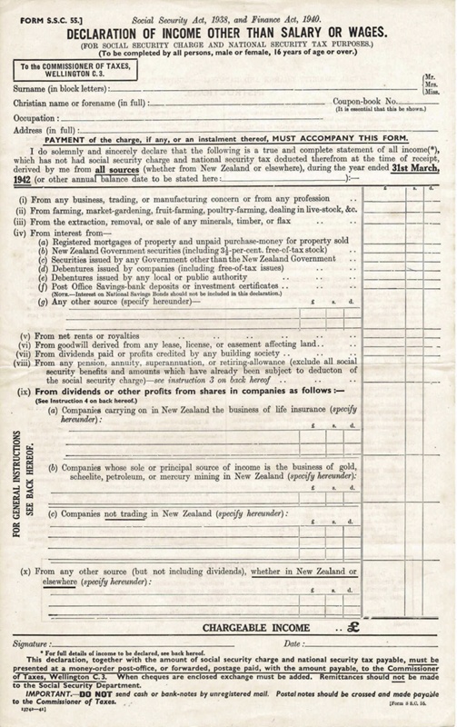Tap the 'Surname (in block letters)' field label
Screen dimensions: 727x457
click(64, 88)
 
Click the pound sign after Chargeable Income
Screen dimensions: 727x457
click(348, 625)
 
